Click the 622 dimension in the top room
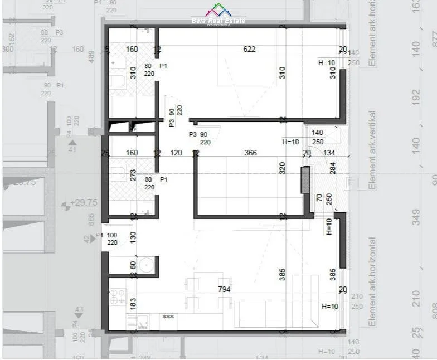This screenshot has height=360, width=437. [249, 49]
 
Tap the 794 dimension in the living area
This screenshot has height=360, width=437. [225, 289]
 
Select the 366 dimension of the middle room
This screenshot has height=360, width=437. [250, 153]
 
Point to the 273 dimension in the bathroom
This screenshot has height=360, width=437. [133, 175]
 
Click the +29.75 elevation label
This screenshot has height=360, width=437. [83, 203]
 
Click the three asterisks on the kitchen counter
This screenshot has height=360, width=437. [168, 317]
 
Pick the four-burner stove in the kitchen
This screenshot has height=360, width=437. [118, 296]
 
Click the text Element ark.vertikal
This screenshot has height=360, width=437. [372, 149]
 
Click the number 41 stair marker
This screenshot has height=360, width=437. [72, 149]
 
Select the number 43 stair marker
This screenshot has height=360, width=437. [79, 310]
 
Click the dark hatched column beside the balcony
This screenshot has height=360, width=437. [305, 180]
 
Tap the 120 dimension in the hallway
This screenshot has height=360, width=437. [176, 153]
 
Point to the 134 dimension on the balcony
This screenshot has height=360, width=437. [329, 153]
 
